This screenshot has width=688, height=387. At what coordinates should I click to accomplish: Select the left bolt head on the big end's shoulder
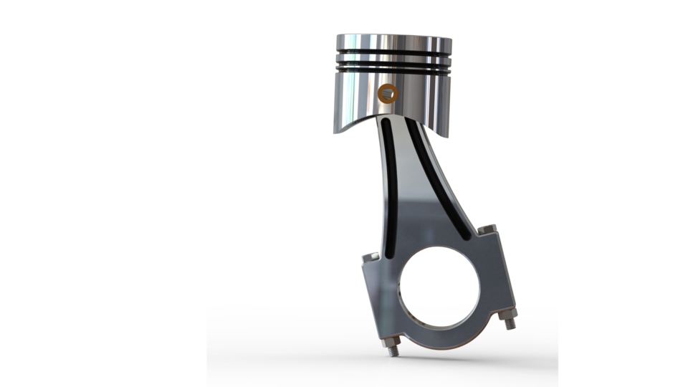point(371,257)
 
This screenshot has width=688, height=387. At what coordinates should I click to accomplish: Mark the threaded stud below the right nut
point(511,328)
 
